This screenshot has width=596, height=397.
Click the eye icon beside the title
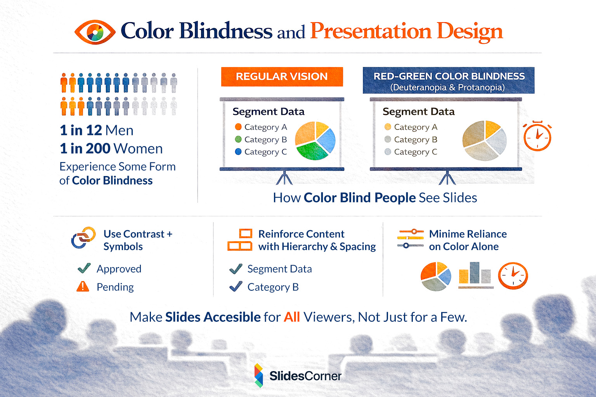pyautogui.click(x=95, y=32)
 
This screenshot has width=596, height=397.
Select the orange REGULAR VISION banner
pyautogui.click(x=282, y=76)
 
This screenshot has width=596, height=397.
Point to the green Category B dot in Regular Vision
pyautogui.click(x=238, y=139)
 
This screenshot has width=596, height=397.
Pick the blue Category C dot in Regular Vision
pyautogui.click(x=238, y=152)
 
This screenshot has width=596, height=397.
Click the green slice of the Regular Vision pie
pyautogui.click(x=312, y=151)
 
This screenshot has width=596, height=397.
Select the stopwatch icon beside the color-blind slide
pyautogui.click(x=537, y=136)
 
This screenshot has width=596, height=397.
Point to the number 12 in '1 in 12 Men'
pyautogui.click(x=94, y=130)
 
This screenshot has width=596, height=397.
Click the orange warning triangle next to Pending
pyautogui.click(x=83, y=287)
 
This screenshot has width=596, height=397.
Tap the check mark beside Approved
pyautogui.click(x=84, y=268)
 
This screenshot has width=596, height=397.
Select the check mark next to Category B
pyautogui.click(x=236, y=287)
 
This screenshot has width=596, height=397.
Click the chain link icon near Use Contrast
pyautogui.click(x=83, y=237)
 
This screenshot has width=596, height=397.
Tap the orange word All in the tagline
pyautogui.click(x=292, y=317)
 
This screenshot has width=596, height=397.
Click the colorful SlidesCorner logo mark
pyautogui.click(x=258, y=375)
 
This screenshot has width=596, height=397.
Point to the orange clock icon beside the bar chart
pyautogui.click(x=513, y=276)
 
